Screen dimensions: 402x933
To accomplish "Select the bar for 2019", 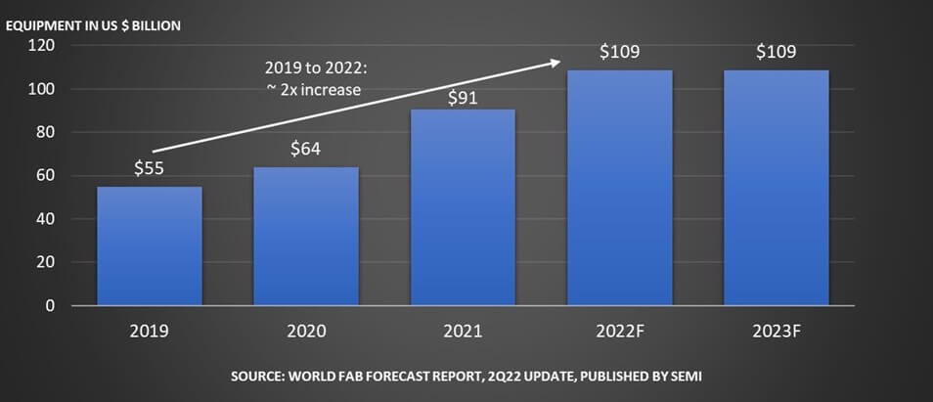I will pos(149,246).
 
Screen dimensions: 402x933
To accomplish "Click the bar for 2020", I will pos(306,236).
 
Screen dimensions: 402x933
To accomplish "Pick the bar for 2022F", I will pos(619,187).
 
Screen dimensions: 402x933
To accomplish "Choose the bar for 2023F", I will pos(777,187).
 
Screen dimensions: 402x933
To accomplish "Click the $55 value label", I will pos(149,168).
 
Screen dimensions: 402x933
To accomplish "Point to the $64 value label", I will pos(306,149).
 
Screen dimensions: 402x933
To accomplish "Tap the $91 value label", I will pos(463,97).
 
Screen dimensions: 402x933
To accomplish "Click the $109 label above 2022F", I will pos(619,51).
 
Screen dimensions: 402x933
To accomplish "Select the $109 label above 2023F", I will pos(777,51).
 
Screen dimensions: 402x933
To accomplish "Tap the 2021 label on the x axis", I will pos(463,331).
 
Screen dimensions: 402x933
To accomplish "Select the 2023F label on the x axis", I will pos(777,331).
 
